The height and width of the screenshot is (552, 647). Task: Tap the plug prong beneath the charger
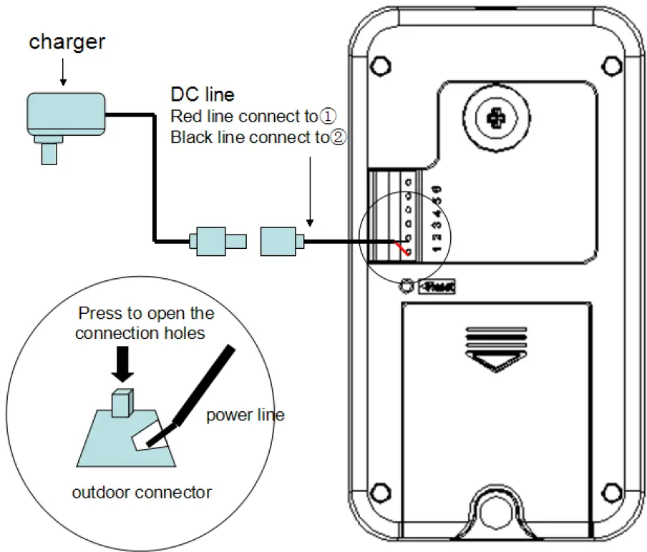pyautogui.click(x=49, y=152)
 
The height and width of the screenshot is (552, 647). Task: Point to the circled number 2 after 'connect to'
pyautogui.click(x=337, y=137)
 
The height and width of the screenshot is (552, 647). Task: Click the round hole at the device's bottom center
pyautogui.click(x=495, y=510)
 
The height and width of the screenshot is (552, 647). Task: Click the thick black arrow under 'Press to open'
pyautogui.click(x=122, y=360)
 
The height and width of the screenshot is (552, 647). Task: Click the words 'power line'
pyautogui.click(x=245, y=415)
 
